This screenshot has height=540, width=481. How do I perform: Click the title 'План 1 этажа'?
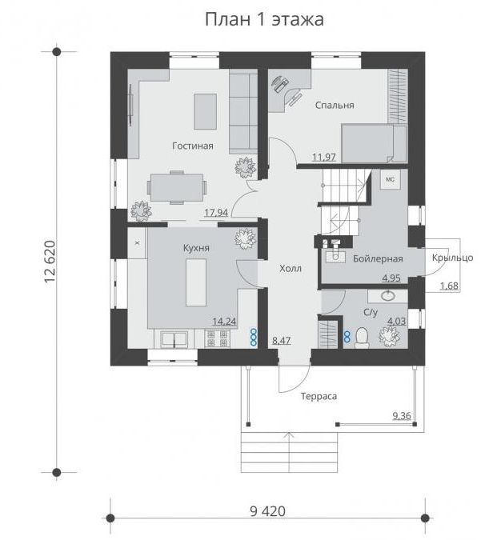point(264,19)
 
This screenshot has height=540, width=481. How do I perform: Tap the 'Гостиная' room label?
point(193,146)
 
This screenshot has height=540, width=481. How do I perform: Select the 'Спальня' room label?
point(335,106)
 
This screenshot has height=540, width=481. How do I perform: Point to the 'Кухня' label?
point(196,248)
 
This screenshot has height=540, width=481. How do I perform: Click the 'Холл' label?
point(291,268)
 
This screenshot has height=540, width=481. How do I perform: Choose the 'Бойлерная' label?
point(378,258)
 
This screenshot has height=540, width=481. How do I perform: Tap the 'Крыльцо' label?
point(452,258)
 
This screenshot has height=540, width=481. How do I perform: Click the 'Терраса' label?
point(319,396)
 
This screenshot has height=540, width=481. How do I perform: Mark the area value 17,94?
point(216,213)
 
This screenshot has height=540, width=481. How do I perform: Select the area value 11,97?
point(324,158)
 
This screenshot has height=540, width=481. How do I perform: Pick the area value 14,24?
point(224,322)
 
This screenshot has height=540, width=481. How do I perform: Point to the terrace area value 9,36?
point(402,416)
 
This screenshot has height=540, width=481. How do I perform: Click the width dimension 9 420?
point(268,511)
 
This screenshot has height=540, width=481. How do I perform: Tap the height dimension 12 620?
point(50,262)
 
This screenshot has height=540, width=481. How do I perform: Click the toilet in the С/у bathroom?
point(362,337)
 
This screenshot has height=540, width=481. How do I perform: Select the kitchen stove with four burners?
point(218,338)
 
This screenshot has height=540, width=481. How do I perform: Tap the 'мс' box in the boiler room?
point(390,179)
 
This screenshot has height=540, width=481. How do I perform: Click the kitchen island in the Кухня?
point(196,282)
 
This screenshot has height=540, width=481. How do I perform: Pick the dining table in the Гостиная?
point(177,188)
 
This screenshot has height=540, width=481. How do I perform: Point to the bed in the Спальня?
point(374,143)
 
